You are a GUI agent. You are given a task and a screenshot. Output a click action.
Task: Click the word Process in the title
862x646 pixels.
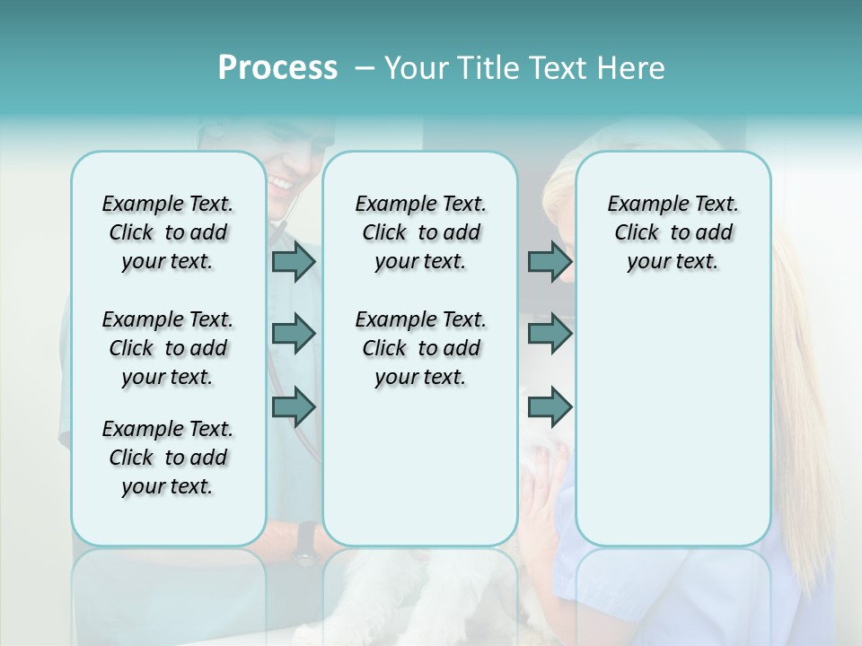click(277, 68)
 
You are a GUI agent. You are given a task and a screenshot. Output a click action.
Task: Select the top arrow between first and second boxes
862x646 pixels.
click(294, 261)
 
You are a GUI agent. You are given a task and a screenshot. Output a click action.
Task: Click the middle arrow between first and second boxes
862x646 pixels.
click(294, 335)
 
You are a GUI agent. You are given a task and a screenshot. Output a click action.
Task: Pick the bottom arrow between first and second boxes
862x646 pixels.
click(294, 407)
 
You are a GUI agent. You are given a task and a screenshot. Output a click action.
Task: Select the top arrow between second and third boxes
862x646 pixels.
click(550, 261)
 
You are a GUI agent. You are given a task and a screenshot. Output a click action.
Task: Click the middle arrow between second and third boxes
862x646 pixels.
click(550, 335)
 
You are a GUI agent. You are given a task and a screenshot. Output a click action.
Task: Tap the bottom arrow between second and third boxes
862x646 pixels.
click(550, 407)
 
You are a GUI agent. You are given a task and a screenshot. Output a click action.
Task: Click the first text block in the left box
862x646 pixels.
click(168, 232)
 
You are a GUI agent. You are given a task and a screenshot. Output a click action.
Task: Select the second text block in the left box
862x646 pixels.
click(168, 348)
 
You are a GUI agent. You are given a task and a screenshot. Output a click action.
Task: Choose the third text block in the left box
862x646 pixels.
click(168, 458)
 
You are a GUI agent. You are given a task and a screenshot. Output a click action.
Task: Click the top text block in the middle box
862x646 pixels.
click(420, 232)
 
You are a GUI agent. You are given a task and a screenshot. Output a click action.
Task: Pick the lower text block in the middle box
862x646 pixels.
click(420, 348)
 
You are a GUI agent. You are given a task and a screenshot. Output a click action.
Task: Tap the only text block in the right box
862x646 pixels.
click(673, 232)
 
